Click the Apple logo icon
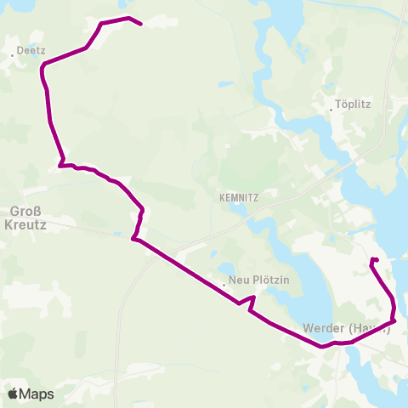click(14, 394)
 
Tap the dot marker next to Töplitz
click(331, 109)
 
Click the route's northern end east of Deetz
click(140, 25)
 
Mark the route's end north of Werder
click(373, 258)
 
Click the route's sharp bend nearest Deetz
click(42, 65)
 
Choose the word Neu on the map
click(235, 280)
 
